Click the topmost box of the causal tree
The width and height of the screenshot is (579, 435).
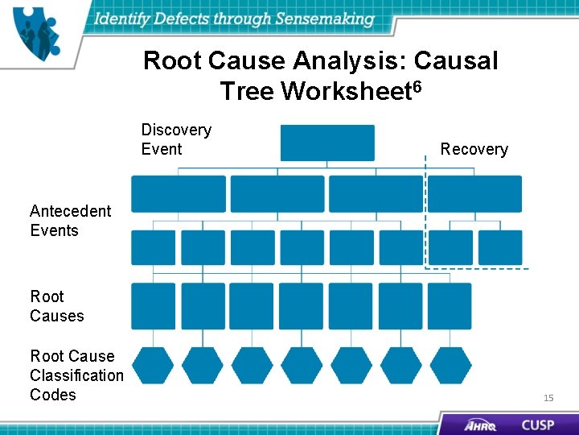[x=327, y=143]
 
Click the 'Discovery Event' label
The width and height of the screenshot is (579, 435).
[x=176, y=139]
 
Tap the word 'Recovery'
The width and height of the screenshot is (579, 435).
[x=474, y=149]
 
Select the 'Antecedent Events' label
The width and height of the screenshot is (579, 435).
[x=70, y=221]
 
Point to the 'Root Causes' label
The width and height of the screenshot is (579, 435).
[x=56, y=306]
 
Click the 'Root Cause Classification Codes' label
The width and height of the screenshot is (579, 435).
[x=76, y=375]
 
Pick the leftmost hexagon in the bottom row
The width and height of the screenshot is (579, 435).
[x=153, y=365]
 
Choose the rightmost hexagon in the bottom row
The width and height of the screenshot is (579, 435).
[x=450, y=365]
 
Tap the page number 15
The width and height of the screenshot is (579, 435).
[x=548, y=398]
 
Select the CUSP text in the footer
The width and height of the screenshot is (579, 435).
[x=537, y=425]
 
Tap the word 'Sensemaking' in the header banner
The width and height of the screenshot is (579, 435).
[x=325, y=19]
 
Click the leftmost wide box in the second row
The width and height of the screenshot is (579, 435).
[x=179, y=194]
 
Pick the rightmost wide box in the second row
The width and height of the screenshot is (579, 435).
[x=474, y=194]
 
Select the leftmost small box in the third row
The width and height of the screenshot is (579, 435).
[x=153, y=247]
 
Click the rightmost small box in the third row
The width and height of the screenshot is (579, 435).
[x=500, y=247]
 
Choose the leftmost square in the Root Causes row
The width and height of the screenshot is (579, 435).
[x=153, y=306]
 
